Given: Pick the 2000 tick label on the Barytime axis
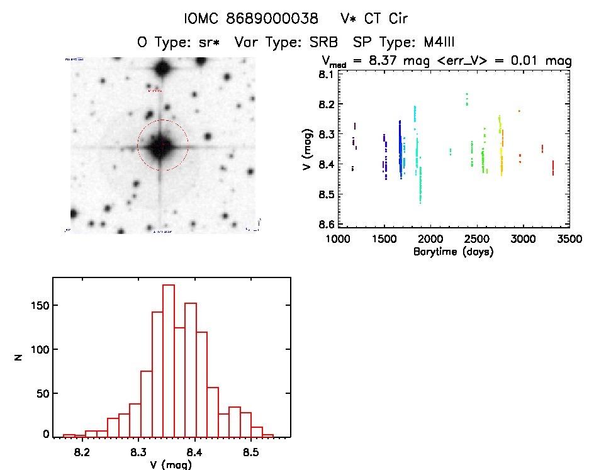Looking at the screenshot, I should pyautogui.click(x=430, y=239).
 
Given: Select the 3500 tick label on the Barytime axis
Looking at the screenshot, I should pyautogui.click(x=569, y=239).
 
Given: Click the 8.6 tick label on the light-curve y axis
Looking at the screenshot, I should pyautogui.click(x=325, y=225).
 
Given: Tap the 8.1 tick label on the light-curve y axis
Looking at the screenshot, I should pyautogui.click(x=325, y=74).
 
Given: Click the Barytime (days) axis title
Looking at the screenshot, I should pyautogui.click(x=453, y=252).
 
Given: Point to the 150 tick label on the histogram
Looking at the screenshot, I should pyautogui.click(x=39, y=306).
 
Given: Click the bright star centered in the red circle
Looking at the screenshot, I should pyautogui.click(x=162, y=146).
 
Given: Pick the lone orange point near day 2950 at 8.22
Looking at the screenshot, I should pyautogui.click(x=519, y=111).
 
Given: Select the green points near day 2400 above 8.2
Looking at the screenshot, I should pyautogui.click(x=467, y=99).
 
